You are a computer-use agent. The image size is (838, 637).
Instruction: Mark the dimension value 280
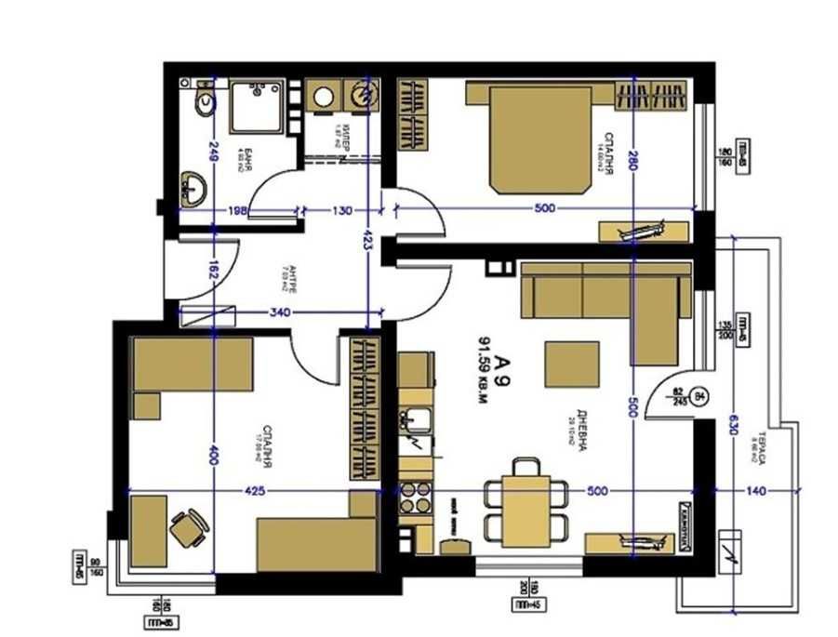632,152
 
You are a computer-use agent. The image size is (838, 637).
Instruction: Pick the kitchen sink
417,421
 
